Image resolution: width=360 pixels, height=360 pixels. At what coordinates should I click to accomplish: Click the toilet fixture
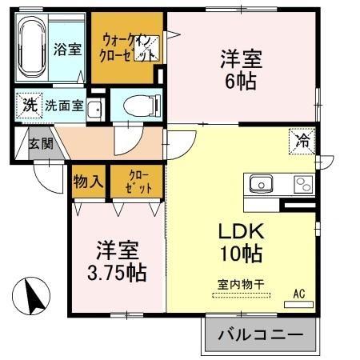(139, 105)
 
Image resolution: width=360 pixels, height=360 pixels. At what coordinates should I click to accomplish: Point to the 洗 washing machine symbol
(29, 104)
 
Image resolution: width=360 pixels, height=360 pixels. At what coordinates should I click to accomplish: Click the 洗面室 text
(64, 104)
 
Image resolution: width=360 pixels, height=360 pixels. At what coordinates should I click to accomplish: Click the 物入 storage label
(89, 181)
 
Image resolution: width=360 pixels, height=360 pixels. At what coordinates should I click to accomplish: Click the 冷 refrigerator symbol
(303, 142)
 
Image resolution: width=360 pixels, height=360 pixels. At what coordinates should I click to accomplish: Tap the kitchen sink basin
(261, 185)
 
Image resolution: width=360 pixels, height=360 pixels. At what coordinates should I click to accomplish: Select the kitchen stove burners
(303, 185)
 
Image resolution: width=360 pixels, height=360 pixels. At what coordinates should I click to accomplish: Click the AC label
(299, 294)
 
